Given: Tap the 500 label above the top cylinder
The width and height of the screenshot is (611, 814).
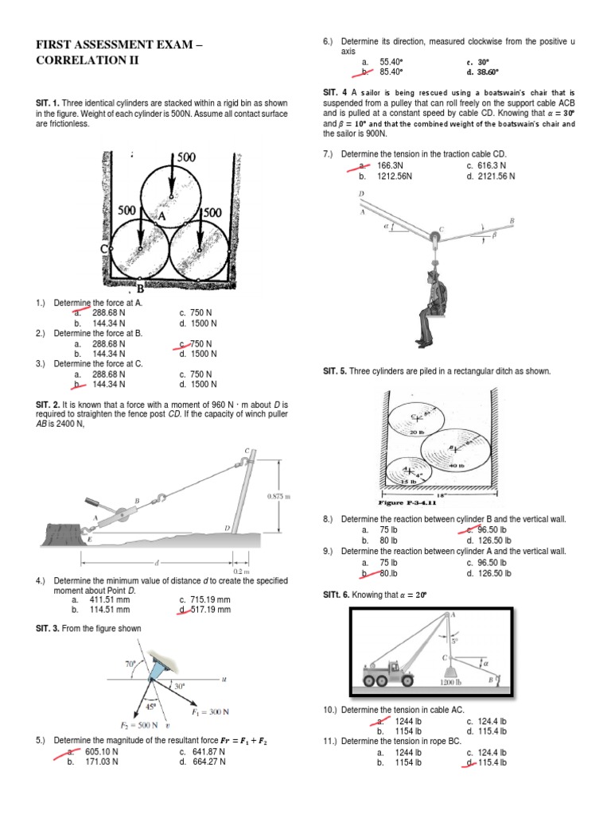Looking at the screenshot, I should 186,157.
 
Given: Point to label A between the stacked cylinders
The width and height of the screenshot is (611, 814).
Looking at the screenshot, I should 162,215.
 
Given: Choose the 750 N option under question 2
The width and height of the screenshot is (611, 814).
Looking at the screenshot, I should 200,343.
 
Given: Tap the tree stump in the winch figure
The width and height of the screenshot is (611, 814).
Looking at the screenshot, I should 60,529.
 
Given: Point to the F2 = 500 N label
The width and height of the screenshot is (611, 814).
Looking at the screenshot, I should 140,726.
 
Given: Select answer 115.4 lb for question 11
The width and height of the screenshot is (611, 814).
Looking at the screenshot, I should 492,762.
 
